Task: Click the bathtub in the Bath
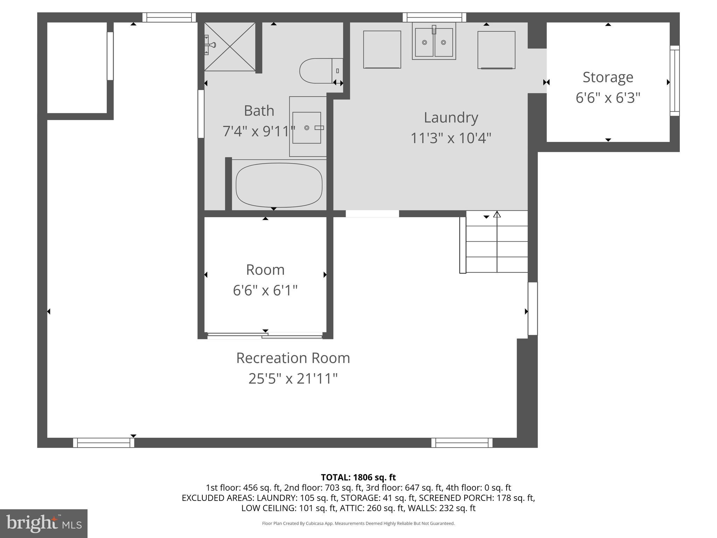pos(279,185)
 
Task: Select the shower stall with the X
pos(230,46)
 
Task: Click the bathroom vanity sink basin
pos(307,127)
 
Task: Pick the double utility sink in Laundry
pos(434,42)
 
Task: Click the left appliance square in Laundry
pos(382,49)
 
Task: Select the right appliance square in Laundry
pos(496,50)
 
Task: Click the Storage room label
pos(608,77)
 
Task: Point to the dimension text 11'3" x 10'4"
pos(451,138)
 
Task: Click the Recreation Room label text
pos(293,358)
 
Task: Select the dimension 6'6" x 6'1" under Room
pos(265,290)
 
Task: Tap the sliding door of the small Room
pos(265,336)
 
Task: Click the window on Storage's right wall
pos(674,81)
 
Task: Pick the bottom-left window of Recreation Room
pos(104,443)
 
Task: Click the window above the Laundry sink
pos(434,17)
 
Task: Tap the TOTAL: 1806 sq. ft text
pos(358,477)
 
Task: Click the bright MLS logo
pos(43,524)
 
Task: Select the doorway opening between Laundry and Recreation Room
pos(372,214)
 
